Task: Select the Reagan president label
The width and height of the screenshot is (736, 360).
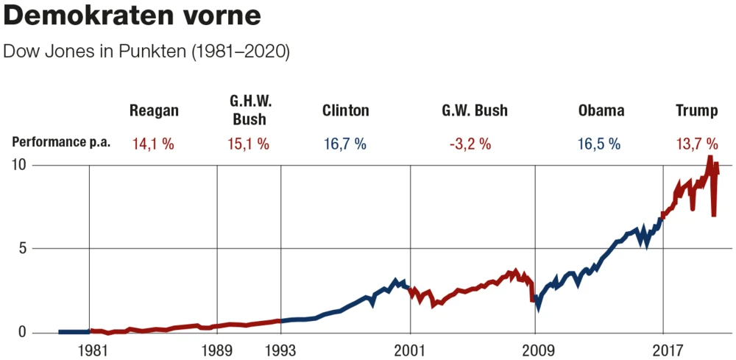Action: [x=154, y=111]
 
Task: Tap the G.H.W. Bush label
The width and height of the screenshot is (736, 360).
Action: [x=250, y=110]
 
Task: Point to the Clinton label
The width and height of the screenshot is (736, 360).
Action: [x=345, y=111]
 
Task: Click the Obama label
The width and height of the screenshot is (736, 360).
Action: [x=601, y=111]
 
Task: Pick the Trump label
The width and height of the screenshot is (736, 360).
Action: [x=697, y=111]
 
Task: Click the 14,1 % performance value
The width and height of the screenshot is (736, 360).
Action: [x=153, y=144]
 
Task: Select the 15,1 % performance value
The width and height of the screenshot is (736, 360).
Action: [x=249, y=144]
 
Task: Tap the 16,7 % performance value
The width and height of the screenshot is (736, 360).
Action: [x=344, y=144]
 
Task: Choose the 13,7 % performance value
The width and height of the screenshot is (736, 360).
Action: [x=696, y=144]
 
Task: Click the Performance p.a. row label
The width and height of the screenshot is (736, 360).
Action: [x=61, y=143]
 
